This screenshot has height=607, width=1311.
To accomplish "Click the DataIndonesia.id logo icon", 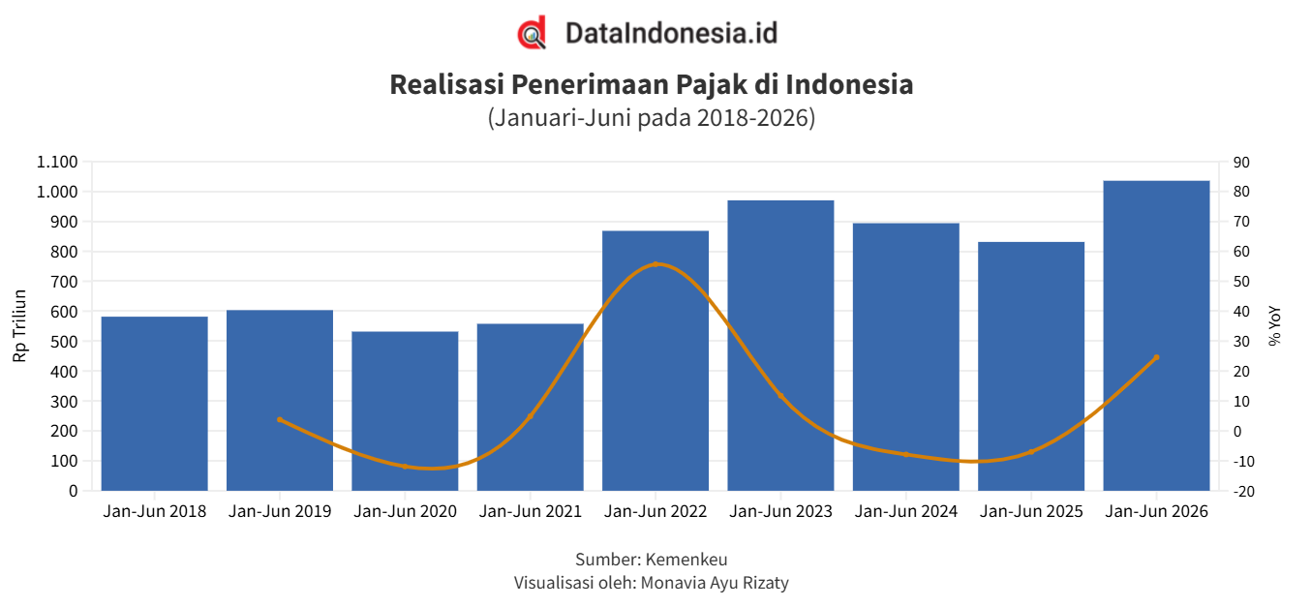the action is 532,33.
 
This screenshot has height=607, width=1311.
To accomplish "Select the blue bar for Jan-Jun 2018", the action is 155,404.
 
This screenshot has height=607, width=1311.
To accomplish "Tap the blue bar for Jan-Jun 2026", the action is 1156,335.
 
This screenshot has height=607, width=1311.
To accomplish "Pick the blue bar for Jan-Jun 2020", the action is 405,410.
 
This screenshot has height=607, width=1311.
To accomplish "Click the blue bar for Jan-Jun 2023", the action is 780,346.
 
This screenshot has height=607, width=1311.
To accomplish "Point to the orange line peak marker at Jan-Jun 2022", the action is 655,264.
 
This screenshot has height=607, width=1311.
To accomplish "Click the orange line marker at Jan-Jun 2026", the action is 1156,357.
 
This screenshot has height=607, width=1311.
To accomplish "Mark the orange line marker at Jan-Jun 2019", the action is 280,420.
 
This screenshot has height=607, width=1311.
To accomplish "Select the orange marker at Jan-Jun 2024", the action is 906,454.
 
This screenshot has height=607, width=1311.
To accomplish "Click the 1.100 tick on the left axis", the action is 57,162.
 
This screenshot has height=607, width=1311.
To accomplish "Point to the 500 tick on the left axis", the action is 64,341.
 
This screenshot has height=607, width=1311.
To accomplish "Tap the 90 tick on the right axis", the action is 1241,162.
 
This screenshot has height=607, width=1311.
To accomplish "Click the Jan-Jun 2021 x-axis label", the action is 531,511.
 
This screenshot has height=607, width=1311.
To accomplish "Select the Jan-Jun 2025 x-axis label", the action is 1031,511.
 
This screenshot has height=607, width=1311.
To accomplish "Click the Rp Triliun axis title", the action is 20,326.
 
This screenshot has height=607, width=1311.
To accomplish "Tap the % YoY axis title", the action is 1275,326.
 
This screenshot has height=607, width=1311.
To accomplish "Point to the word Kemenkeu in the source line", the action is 686,560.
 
